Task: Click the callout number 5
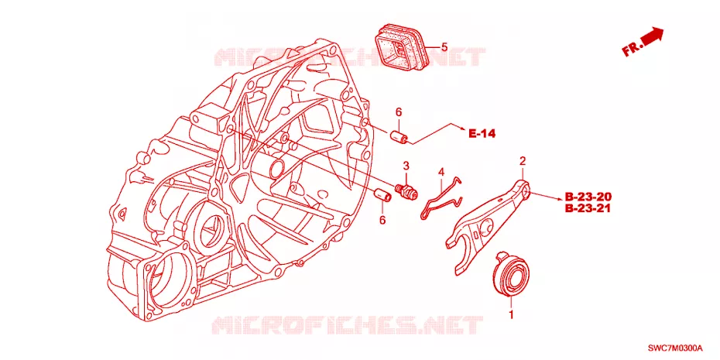(x=444, y=46)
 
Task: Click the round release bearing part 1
(x=511, y=275)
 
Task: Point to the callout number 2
(x=522, y=161)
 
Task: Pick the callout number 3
(x=406, y=165)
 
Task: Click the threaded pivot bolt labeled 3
(x=406, y=191)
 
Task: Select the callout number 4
(x=441, y=172)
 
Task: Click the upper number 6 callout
(x=399, y=112)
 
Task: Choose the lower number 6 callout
(x=382, y=220)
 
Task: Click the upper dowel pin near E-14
(x=399, y=137)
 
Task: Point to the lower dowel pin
(x=382, y=194)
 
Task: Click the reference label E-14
(x=482, y=134)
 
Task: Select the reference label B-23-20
(x=588, y=197)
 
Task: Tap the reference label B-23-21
(x=588, y=209)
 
